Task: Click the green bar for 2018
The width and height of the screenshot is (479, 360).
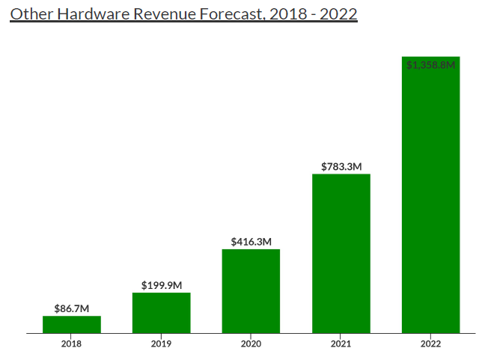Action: (72, 324)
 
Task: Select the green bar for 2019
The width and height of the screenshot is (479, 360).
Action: (162, 313)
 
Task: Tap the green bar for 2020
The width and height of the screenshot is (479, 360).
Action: (251, 291)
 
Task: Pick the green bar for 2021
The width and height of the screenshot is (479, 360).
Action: (341, 254)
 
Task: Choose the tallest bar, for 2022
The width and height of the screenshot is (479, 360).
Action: (430, 195)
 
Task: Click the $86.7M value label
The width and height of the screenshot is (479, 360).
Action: (72, 308)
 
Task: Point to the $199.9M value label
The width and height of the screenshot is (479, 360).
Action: (162, 285)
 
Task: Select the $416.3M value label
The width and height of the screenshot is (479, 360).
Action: (251, 242)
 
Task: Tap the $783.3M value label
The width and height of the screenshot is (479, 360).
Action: (341, 167)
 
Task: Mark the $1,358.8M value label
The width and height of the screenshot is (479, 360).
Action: (430, 65)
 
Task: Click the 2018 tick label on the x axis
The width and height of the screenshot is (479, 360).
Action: (72, 344)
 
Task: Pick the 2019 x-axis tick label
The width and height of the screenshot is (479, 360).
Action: (162, 344)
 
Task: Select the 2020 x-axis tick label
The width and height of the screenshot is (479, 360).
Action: (251, 344)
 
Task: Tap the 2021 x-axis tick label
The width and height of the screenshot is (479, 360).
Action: (341, 344)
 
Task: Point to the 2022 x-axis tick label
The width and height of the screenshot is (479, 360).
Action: (430, 344)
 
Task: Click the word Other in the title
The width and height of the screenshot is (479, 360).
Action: (29, 13)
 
